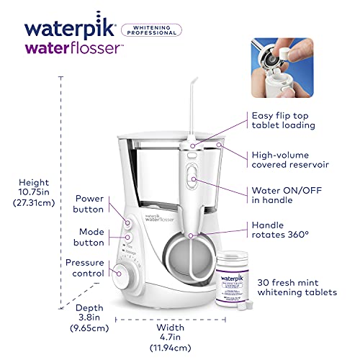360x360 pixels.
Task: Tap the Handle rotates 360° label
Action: coord(282,231)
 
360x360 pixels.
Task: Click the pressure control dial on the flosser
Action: coord(125,274)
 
